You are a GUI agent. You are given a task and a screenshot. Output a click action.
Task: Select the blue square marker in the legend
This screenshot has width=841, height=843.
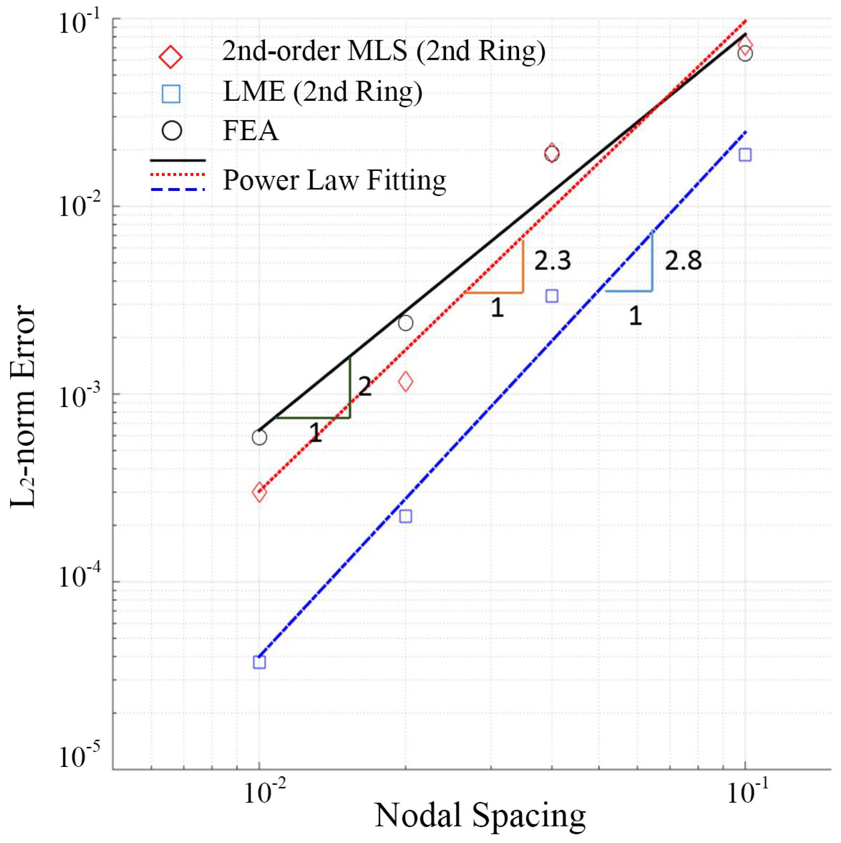click(171, 94)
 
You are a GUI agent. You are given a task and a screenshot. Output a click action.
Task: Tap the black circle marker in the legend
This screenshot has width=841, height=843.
click(172, 130)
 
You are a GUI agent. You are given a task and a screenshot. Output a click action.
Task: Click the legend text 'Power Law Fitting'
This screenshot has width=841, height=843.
click(334, 180)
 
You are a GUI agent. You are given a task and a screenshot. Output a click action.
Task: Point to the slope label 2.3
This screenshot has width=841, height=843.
click(552, 261)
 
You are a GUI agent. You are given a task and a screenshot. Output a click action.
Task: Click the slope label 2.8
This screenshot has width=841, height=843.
click(683, 261)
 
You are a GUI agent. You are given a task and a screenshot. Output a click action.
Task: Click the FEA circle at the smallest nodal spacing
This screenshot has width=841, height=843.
click(259, 437)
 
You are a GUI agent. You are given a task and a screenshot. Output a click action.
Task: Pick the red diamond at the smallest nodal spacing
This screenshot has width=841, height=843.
click(259, 492)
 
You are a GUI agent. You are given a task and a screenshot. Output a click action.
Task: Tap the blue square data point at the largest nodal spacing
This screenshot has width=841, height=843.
click(745, 155)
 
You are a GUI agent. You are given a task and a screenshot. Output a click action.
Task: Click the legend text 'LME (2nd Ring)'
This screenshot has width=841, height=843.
click(322, 92)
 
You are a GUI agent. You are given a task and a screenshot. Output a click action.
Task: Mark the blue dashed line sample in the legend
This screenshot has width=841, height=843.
click(178, 189)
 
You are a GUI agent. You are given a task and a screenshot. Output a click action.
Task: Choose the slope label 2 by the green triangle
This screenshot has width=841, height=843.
click(365, 386)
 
